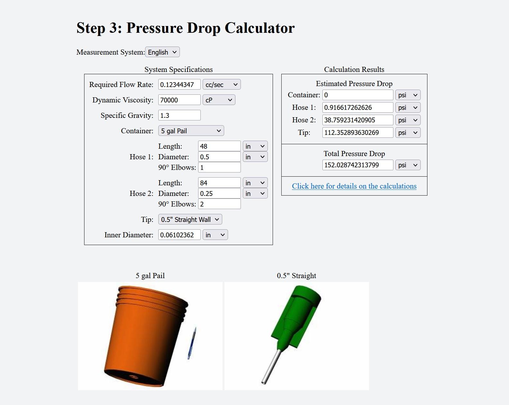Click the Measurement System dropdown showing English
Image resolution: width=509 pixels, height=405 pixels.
point(162,52)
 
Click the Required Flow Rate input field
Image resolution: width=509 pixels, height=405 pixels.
point(179,84)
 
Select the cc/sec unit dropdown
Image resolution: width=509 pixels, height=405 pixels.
point(222,84)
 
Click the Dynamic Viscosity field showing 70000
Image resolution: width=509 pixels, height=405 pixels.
point(179,100)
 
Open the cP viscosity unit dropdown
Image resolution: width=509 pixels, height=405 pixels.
point(219,100)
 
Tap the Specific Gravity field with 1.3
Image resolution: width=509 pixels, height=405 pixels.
point(179,115)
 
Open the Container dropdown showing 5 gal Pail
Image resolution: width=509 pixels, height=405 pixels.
point(191,131)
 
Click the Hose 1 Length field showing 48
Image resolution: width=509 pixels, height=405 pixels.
point(219,146)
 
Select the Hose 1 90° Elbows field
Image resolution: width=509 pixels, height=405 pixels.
point(219,167)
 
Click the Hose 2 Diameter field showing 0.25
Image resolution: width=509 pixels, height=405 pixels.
point(219,193)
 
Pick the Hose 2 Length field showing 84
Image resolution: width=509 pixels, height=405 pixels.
point(219,183)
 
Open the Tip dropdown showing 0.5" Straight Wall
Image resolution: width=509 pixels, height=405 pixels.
point(190,219)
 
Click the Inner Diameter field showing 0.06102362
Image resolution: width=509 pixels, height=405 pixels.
point(179,235)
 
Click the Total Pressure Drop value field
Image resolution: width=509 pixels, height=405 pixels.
point(358,165)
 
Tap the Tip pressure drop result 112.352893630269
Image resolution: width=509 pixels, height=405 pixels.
point(358,133)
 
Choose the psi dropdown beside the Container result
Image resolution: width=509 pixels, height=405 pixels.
point(408,95)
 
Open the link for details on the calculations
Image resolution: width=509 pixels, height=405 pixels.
point(354,186)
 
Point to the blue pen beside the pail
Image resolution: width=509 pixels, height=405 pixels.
point(192,343)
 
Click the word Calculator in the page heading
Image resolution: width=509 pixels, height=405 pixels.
point(259,28)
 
